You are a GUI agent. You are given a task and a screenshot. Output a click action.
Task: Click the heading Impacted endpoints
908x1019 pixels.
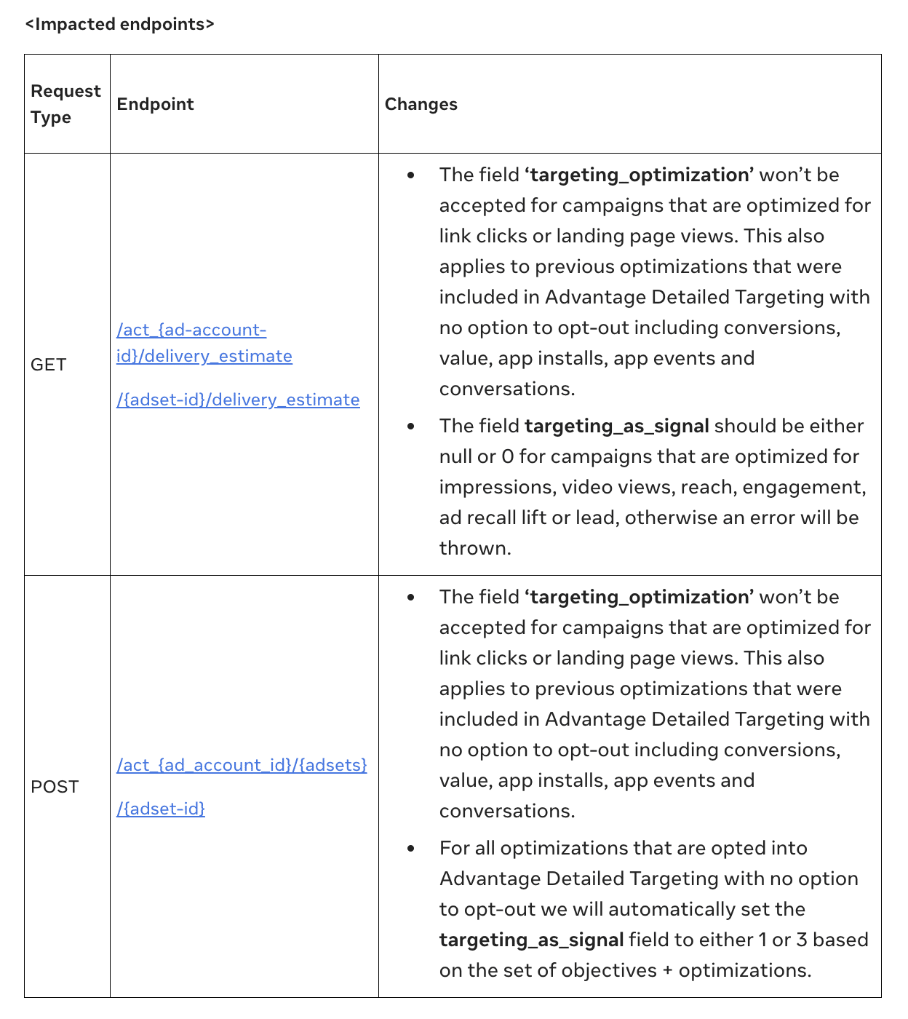(120, 24)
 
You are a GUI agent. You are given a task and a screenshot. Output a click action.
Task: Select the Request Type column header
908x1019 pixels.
(65, 104)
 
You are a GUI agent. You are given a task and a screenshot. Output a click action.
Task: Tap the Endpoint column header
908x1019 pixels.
(155, 104)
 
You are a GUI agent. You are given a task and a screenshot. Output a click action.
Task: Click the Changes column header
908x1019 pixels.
(421, 104)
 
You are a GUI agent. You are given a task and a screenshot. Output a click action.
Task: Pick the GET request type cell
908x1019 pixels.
(49, 365)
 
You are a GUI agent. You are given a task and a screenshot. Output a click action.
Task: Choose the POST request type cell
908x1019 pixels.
(55, 787)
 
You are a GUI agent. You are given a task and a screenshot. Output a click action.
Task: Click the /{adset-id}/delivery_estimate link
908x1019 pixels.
(238, 400)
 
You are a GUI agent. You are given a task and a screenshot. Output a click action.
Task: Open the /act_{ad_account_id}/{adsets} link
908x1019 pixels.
(242, 765)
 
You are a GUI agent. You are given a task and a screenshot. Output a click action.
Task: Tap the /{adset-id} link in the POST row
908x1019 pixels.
(161, 809)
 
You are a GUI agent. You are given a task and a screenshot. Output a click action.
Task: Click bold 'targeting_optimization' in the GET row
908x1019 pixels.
(639, 175)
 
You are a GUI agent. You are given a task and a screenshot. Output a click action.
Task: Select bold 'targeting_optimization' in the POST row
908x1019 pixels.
(639, 597)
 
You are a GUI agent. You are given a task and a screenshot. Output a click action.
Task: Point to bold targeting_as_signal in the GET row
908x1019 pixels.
(616, 426)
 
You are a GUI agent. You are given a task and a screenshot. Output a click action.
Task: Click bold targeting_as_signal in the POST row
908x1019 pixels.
(531, 940)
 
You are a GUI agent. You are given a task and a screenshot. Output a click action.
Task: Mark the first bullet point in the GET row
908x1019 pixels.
(411, 175)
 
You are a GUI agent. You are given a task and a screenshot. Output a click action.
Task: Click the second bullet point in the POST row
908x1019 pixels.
(411, 849)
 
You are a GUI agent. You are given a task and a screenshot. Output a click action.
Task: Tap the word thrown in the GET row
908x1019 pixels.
(474, 548)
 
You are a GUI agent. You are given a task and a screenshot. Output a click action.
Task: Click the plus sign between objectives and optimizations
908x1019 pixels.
(668, 970)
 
